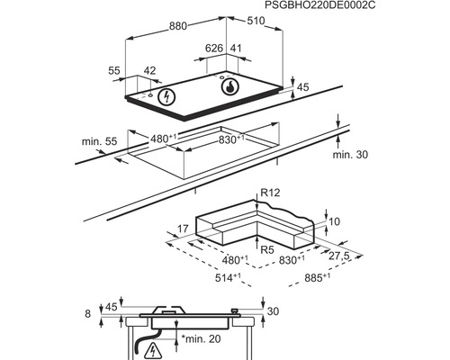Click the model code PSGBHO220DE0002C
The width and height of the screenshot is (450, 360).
320,5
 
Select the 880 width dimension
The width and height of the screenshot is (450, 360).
178,26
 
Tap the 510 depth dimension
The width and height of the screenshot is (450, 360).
256,21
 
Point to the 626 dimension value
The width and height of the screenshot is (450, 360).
214,48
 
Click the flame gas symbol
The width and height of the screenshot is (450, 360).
230,86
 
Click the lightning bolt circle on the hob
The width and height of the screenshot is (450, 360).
166,96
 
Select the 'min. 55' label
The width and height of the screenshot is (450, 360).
99,141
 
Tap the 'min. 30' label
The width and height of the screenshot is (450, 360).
350,155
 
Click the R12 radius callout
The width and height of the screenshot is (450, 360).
270,192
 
